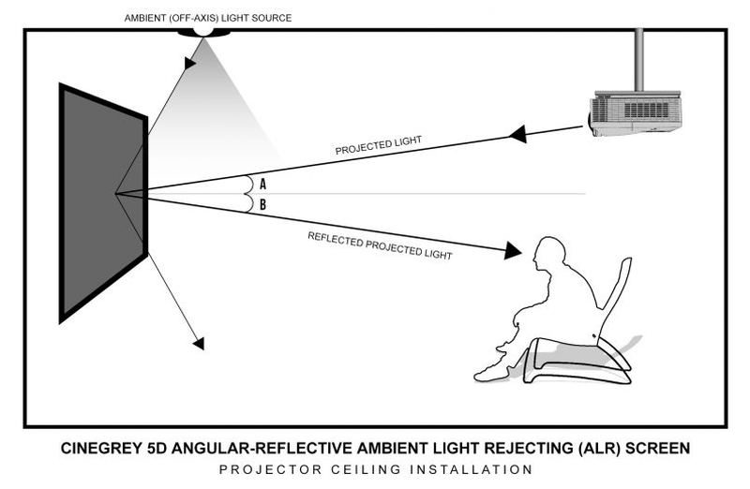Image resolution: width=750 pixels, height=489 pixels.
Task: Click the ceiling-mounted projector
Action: (637, 112)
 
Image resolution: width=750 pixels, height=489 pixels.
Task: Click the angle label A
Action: (263, 185)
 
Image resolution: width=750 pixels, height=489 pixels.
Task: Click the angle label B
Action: (263, 204)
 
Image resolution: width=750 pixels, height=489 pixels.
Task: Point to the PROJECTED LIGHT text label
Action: (378, 145)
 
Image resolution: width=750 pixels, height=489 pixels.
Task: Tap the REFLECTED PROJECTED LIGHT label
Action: (380, 245)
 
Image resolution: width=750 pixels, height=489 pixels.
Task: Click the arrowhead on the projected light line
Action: (517, 135)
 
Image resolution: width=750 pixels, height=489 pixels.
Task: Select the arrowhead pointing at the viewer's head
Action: (512, 250)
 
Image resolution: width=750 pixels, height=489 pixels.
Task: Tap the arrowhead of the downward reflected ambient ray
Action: (198, 343)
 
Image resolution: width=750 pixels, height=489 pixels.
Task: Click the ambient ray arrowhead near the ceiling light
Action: (190, 63)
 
